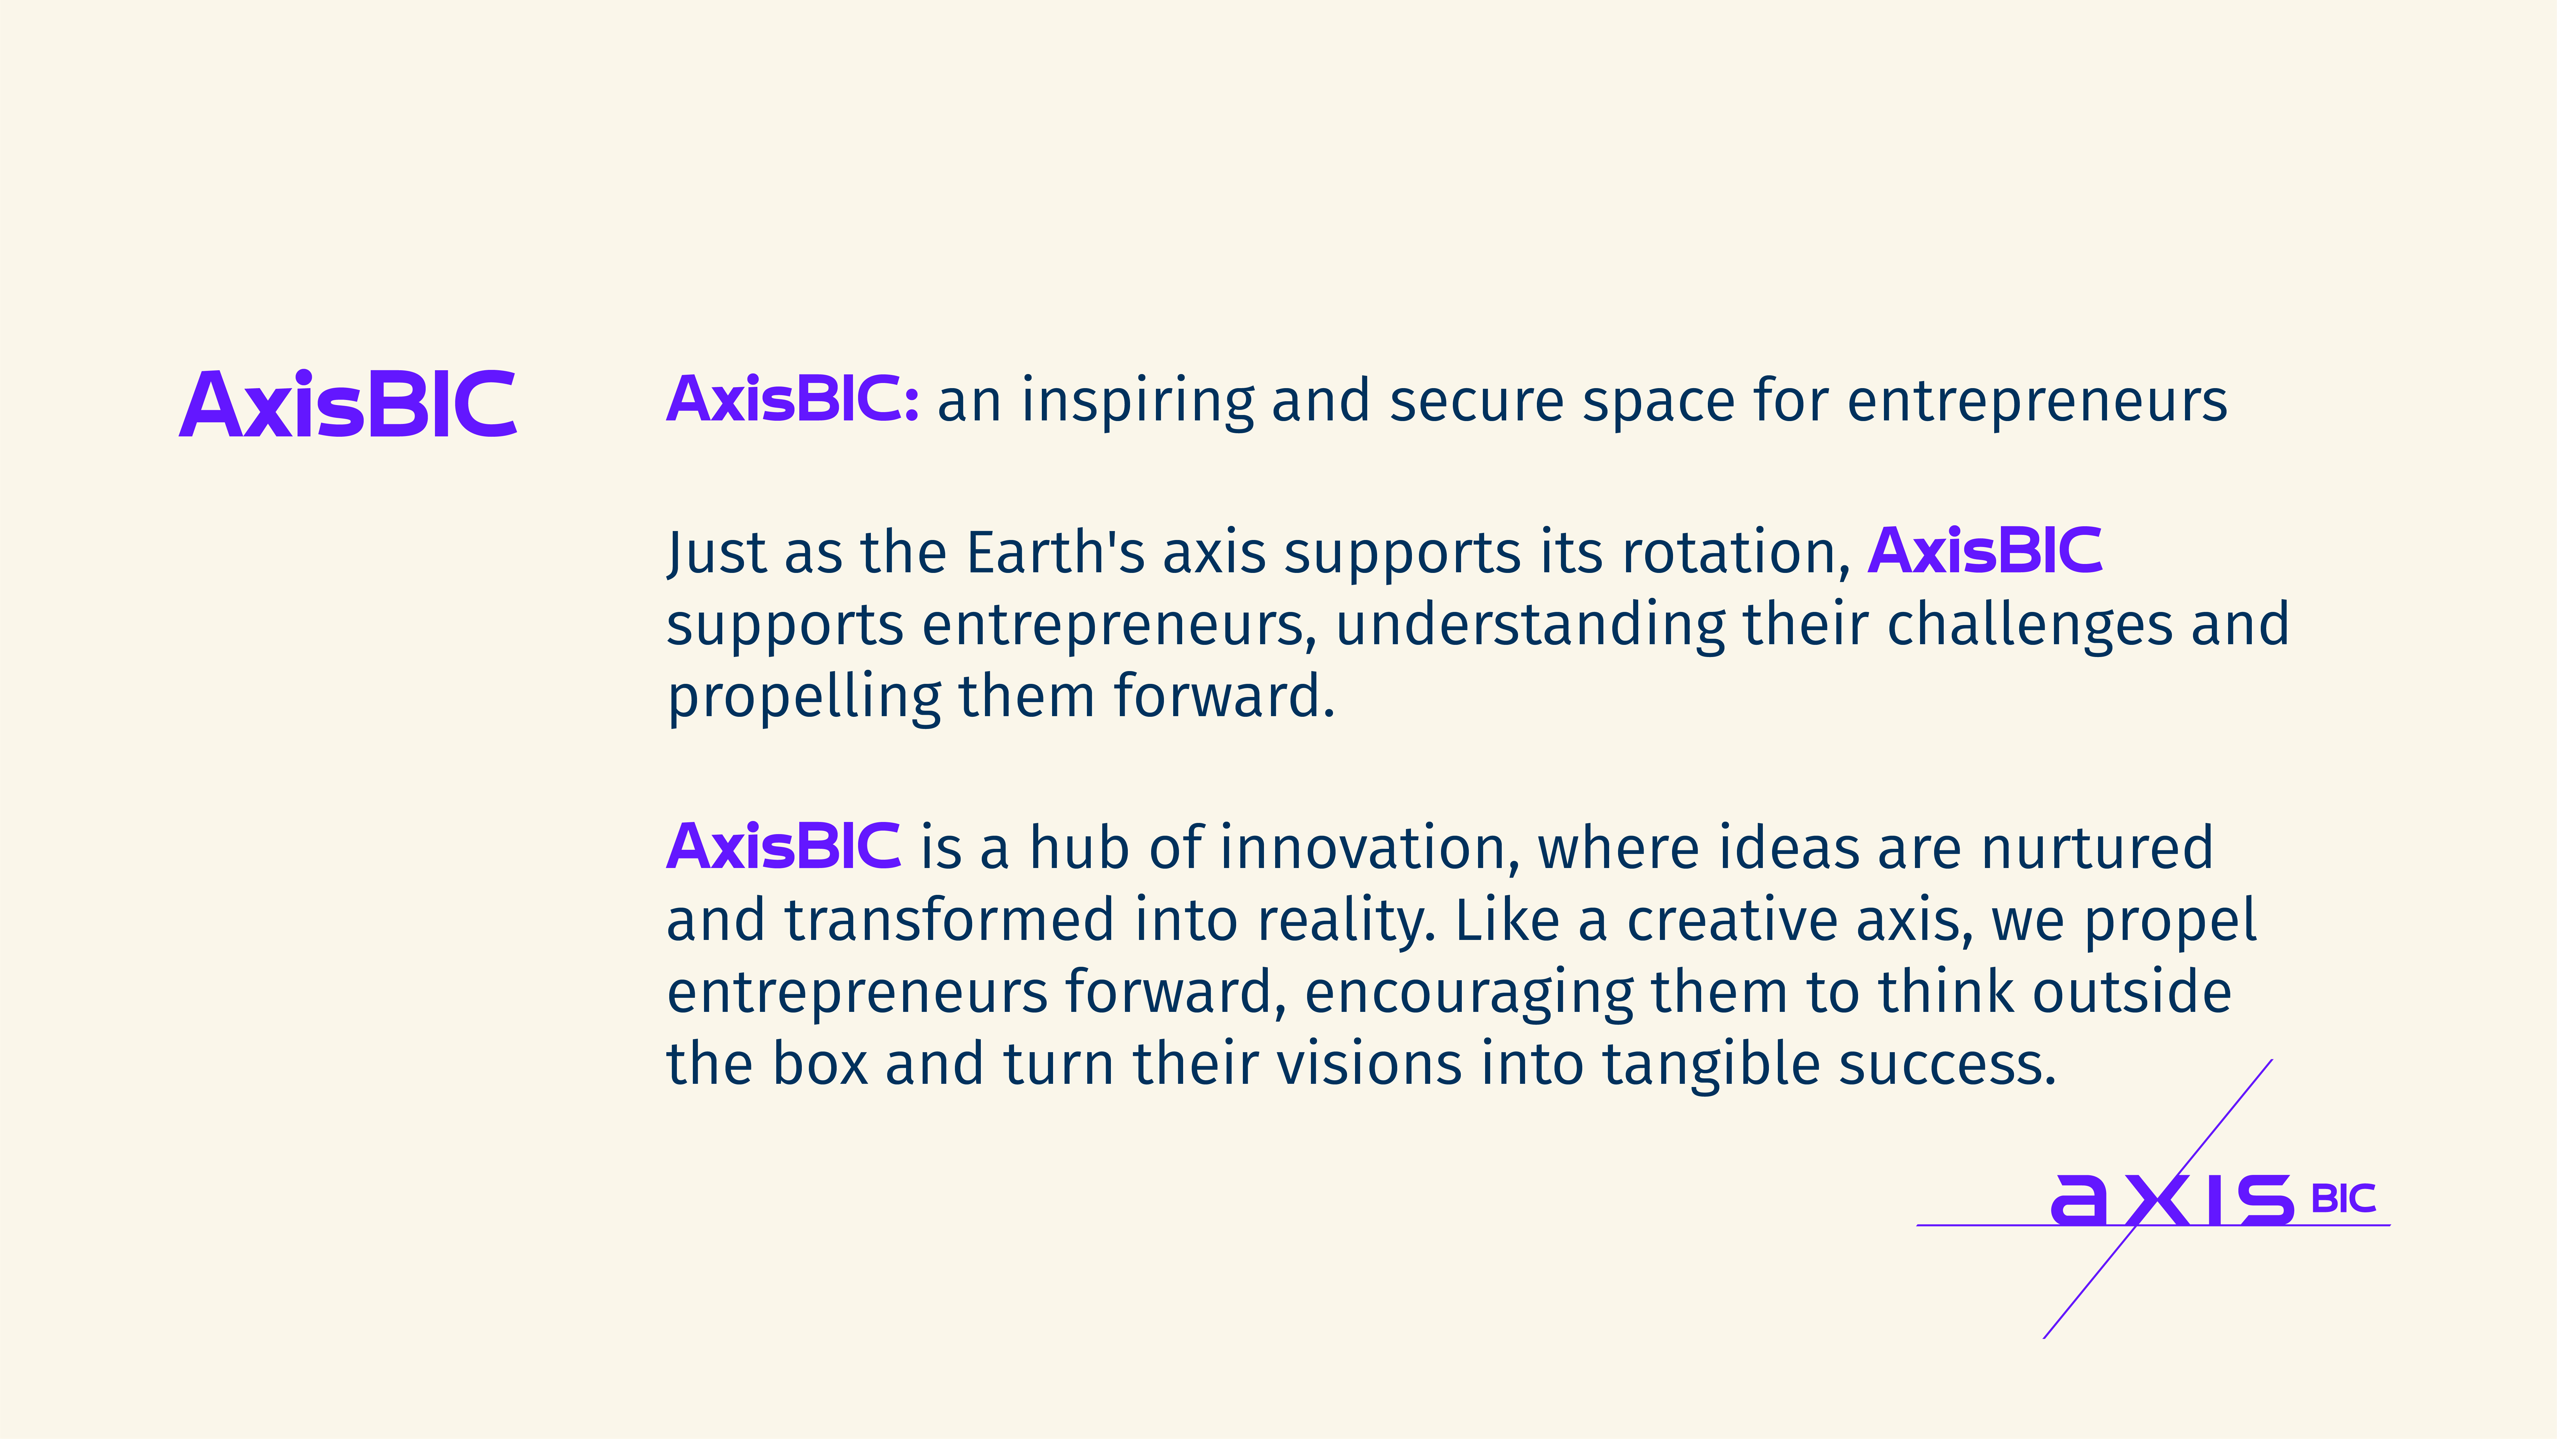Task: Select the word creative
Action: tap(1732, 921)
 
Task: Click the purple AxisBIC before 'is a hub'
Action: tap(783, 847)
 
